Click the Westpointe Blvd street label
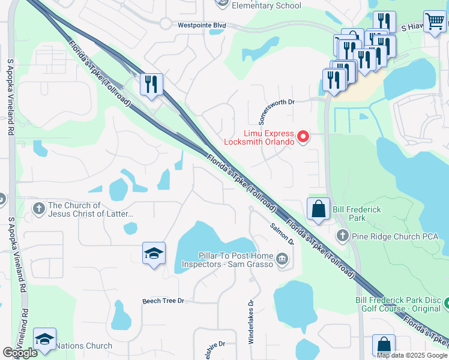click(x=202, y=25)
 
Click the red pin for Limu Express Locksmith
click(x=303, y=137)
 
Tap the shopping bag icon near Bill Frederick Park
click(x=318, y=209)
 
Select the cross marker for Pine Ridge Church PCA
click(x=343, y=235)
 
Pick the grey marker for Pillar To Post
click(x=282, y=259)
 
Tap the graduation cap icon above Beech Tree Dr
click(x=154, y=253)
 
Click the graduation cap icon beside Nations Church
click(x=45, y=339)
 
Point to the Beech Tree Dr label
click(x=163, y=301)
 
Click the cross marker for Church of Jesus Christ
click(x=39, y=209)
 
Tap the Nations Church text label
click(x=83, y=346)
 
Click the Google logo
click(x=20, y=353)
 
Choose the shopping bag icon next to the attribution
click(x=384, y=346)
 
